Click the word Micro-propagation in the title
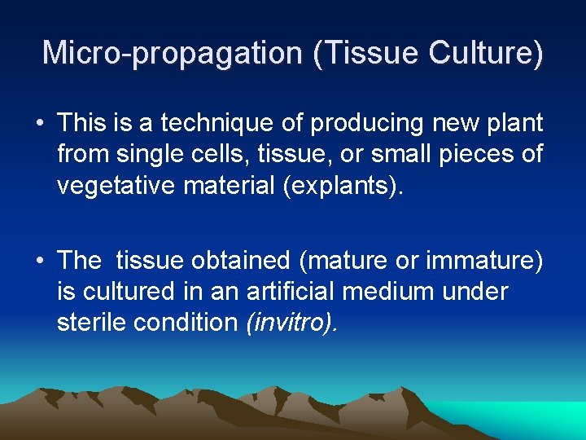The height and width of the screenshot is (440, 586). tap(172, 53)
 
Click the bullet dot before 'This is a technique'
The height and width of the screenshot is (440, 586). tap(39, 124)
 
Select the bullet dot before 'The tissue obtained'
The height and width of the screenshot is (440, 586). tap(39, 261)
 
